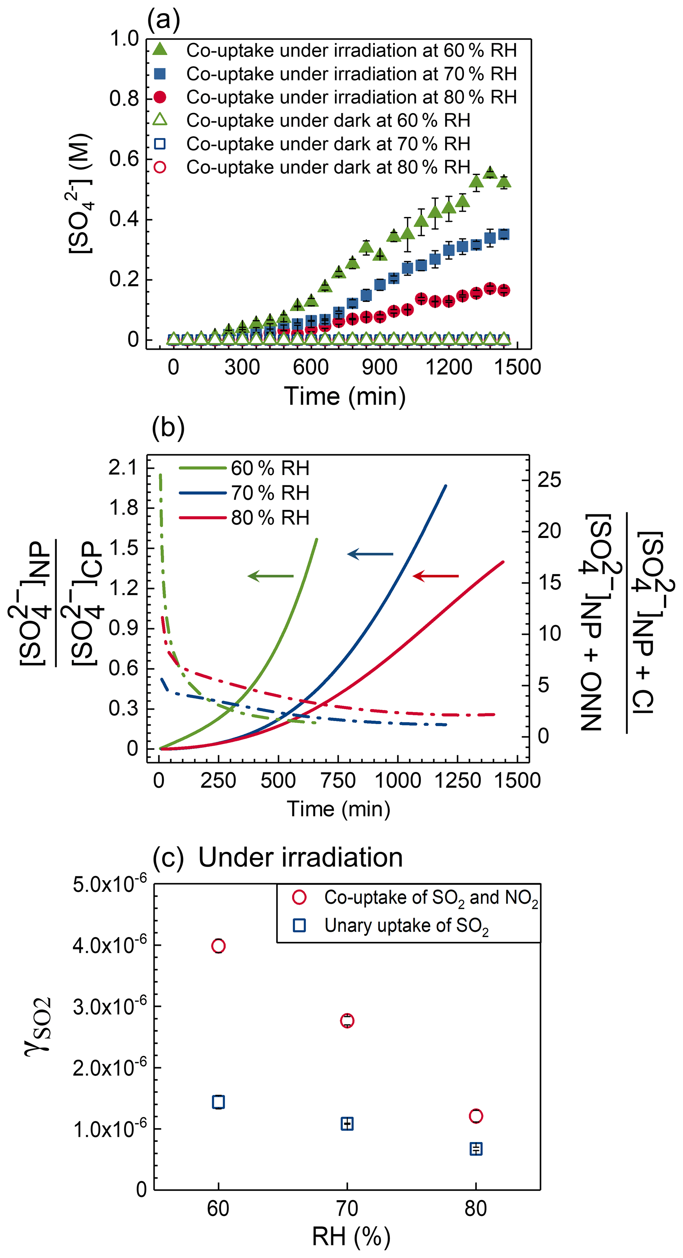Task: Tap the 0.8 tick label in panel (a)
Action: (124, 99)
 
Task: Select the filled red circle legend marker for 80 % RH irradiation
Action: (160, 97)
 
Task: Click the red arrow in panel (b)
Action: (436, 576)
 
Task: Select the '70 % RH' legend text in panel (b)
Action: (270, 493)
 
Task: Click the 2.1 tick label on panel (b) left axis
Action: (123, 468)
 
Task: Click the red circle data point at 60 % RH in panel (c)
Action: (218, 946)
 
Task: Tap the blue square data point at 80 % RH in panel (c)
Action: (476, 1149)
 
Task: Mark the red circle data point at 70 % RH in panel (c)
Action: (347, 1021)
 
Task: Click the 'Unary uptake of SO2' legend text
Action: (406, 925)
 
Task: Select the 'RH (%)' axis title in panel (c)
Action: (351, 1237)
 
